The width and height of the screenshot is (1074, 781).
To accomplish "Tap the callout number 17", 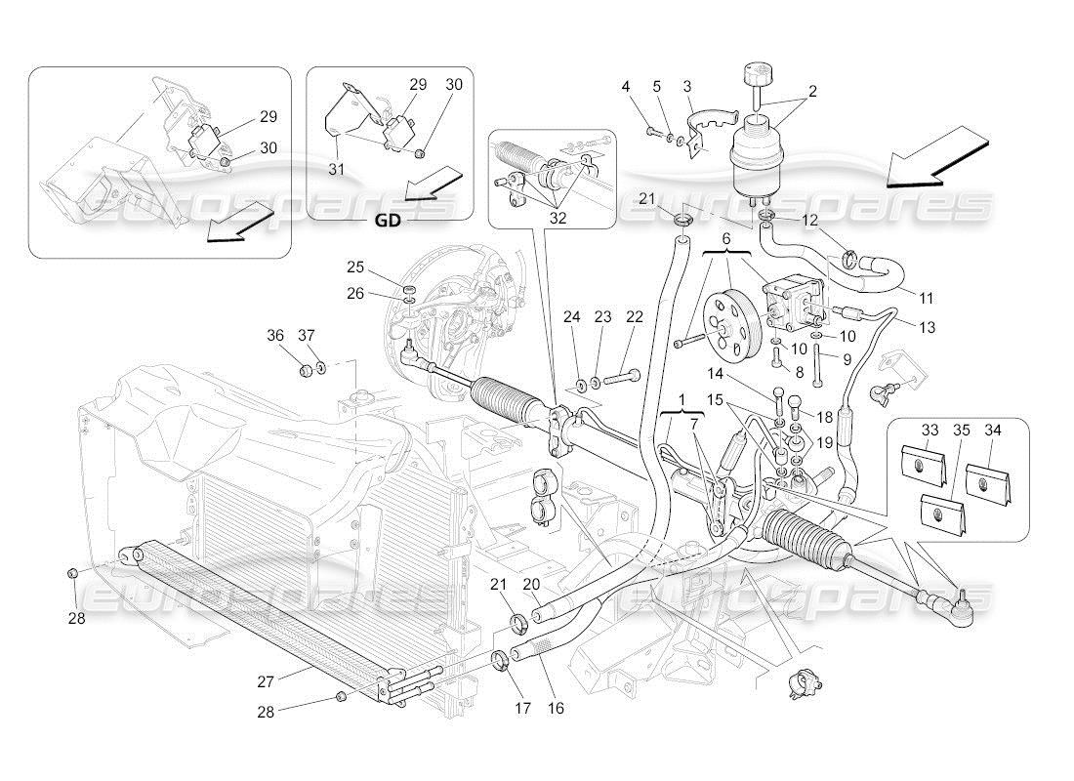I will point(522,707).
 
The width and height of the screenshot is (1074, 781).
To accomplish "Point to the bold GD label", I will point(388,221).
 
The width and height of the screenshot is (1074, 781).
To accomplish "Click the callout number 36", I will point(275,335).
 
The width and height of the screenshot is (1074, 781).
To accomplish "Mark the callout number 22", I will point(636,316).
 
